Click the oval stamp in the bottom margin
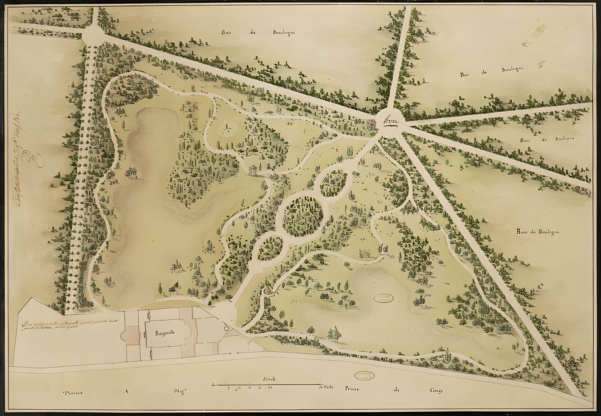tap(364, 376)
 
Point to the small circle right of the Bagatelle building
tap(226, 327)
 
